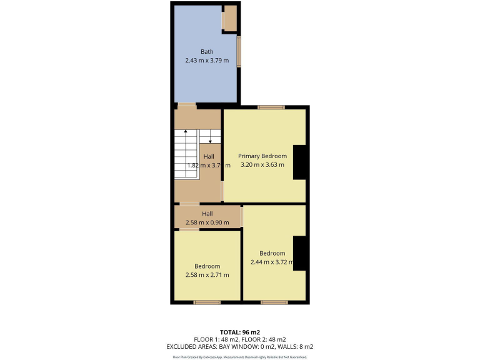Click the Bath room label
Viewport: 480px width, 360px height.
(x=206, y=51)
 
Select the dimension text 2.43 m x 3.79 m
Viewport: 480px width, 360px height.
(x=206, y=61)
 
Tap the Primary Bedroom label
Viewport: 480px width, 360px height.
(x=262, y=156)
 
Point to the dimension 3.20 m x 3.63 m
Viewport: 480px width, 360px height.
(x=262, y=165)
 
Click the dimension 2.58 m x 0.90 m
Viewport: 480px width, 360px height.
(x=206, y=222)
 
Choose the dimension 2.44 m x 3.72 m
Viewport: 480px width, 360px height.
(x=272, y=262)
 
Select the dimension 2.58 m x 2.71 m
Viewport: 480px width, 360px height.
(x=207, y=275)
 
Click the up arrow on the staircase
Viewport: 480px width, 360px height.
(x=186, y=134)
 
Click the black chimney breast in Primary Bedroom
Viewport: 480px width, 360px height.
(x=300, y=162)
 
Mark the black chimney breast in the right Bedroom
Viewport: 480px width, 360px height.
(x=300, y=254)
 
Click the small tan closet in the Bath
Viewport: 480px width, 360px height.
(x=230, y=18)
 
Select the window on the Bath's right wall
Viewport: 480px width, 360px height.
(x=239, y=51)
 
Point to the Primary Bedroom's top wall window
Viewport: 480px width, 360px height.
(x=271, y=107)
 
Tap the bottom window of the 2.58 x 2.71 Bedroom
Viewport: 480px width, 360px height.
(x=206, y=303)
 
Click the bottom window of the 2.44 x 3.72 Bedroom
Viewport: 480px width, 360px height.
(x=274, y=303)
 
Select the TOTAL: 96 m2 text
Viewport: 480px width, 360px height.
(x=239, y=331)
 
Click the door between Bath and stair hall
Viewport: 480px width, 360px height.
(x=187, y=105)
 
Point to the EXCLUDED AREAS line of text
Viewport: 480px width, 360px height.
(x=239, y=346)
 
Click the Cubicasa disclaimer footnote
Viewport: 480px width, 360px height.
(x=239, y=357)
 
